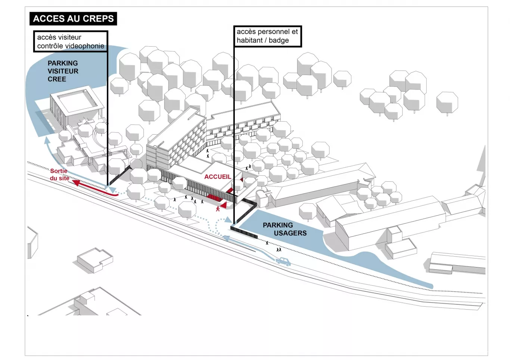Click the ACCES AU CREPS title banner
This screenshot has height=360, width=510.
tap(73, 19)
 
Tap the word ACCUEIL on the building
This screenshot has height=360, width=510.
tap(217, 177)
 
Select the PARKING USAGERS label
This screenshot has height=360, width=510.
tap(284, 229)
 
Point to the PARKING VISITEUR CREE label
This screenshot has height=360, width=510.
tap(63, 71)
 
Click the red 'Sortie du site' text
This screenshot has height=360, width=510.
tap(59, 175)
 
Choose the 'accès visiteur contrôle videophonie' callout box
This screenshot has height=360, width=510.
tap(71, 41)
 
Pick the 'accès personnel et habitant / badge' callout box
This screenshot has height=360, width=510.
tap(267, 36)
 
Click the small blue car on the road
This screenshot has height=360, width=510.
tap(283, 261)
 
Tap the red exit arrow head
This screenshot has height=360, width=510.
tap(76, 182)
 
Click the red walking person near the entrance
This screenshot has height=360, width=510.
tap(218, 209)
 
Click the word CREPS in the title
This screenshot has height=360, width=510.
tap(100, 19)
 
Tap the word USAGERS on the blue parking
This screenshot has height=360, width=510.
tap(290, 233)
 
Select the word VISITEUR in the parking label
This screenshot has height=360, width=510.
tap(63, 71)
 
